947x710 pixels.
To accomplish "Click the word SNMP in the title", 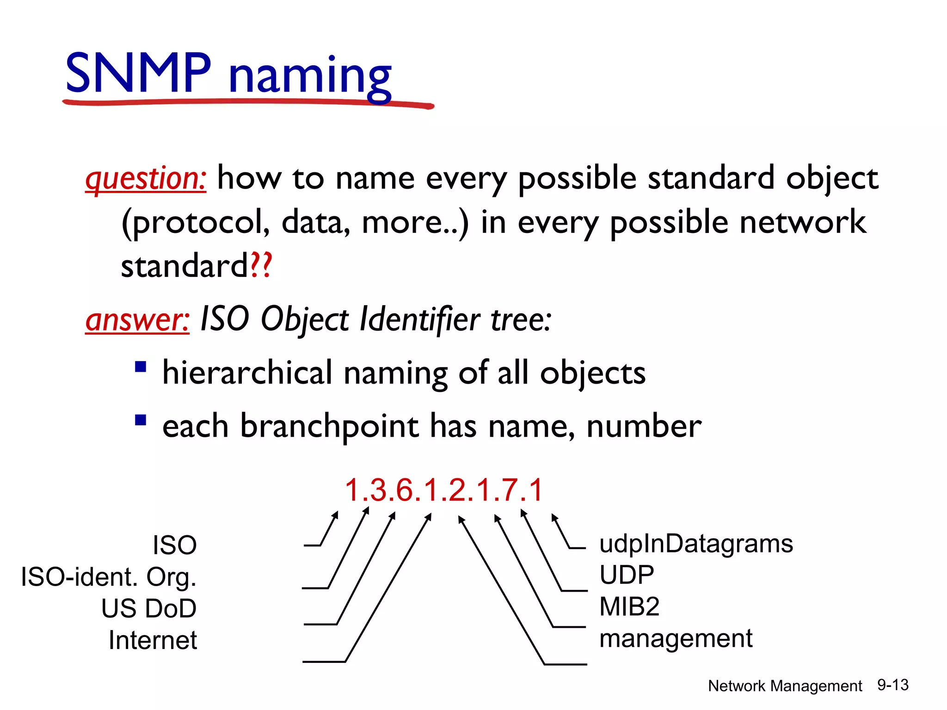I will (138, 73).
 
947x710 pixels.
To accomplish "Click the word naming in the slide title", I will (310, 76).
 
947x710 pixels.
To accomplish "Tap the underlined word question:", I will (146, 179).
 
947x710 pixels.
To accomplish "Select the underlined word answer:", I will (137, 320).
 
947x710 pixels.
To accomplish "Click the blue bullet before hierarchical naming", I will (141, 367).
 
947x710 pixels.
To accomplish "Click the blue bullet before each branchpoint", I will (141, 420).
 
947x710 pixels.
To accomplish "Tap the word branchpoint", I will (329, 426).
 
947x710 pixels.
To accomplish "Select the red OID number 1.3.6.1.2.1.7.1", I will (443, 490).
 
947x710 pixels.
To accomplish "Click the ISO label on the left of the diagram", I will (175, 545).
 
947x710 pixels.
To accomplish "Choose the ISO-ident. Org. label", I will (109, 577).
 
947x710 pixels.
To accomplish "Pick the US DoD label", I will (149, 608).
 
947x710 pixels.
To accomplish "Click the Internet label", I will (153, 640).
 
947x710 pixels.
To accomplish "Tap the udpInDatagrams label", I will (696, 544).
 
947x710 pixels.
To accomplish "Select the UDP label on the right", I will (627, 575).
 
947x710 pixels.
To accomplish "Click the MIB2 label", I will (629, 606).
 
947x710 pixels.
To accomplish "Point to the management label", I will (676, 639).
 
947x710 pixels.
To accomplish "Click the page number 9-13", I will (893, 685).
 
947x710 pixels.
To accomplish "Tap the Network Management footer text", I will (785, 686).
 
